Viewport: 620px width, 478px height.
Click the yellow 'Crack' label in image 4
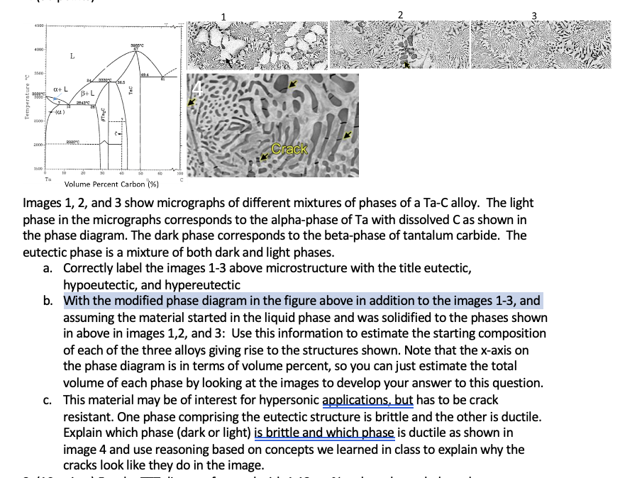point(290,149)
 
